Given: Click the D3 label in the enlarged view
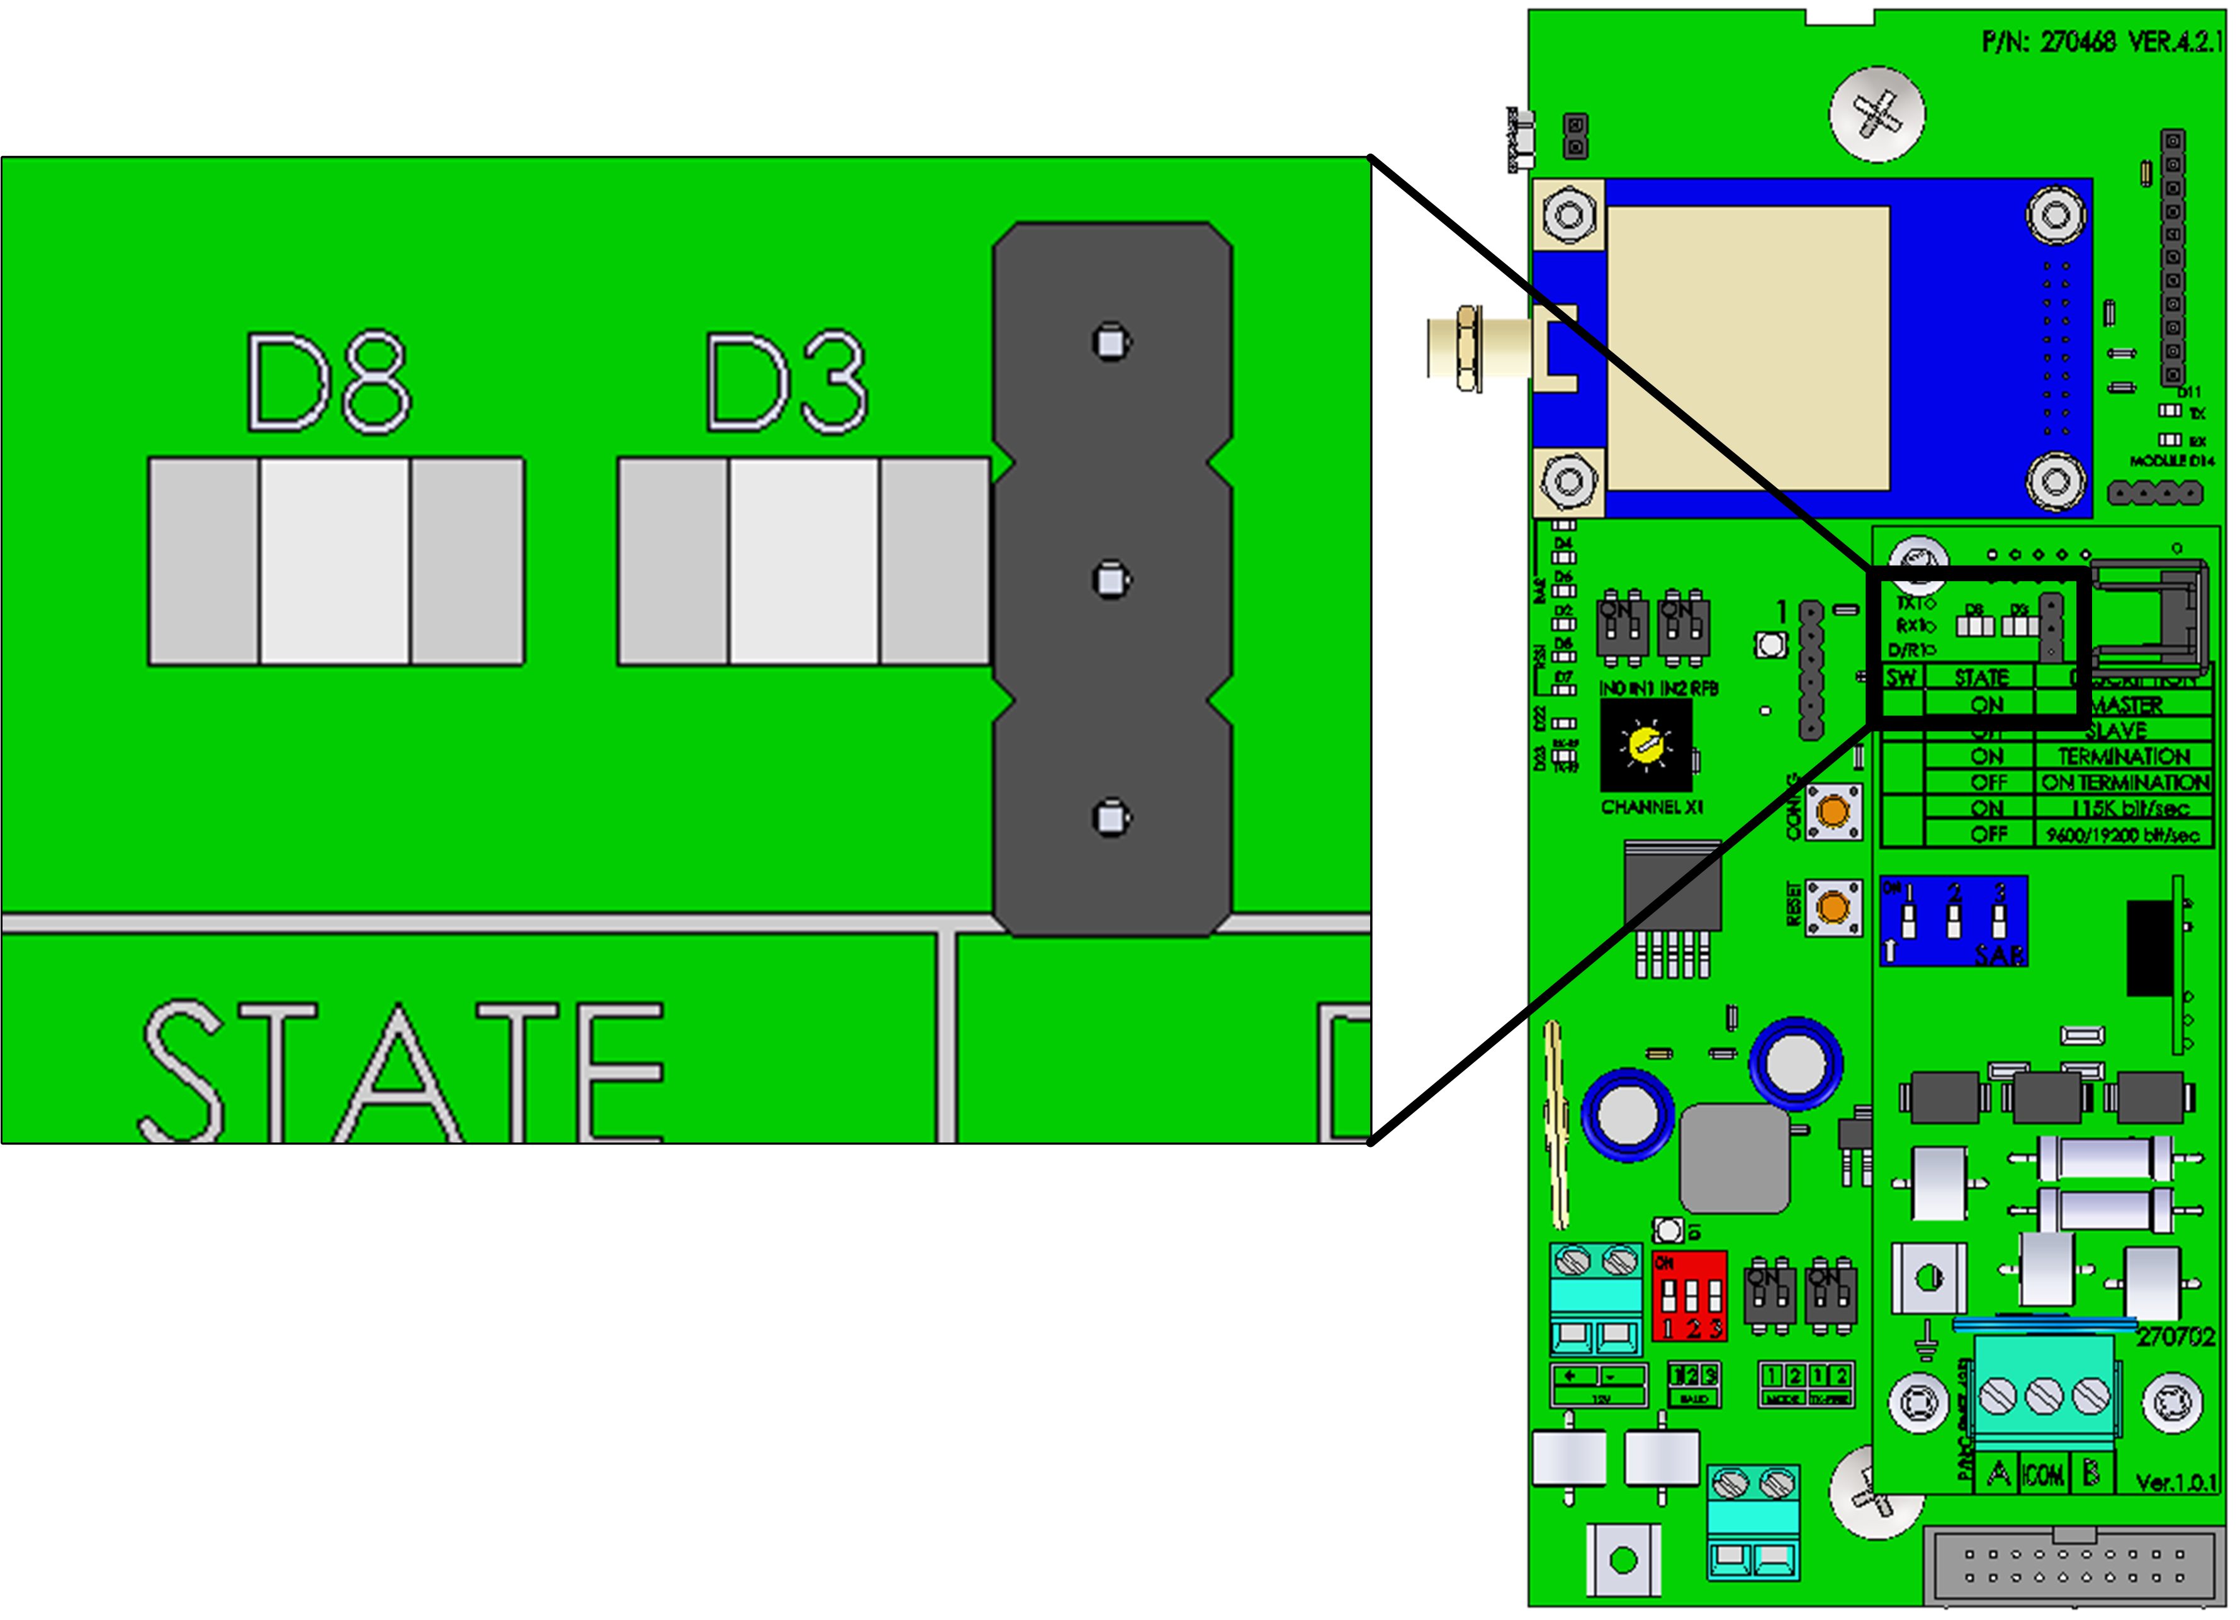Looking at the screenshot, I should [787, 383].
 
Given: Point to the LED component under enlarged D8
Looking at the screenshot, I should [336, 561].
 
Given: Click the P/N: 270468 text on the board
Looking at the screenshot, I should [2049, 42].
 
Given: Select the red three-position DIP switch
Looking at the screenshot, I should [1689, 1296].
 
